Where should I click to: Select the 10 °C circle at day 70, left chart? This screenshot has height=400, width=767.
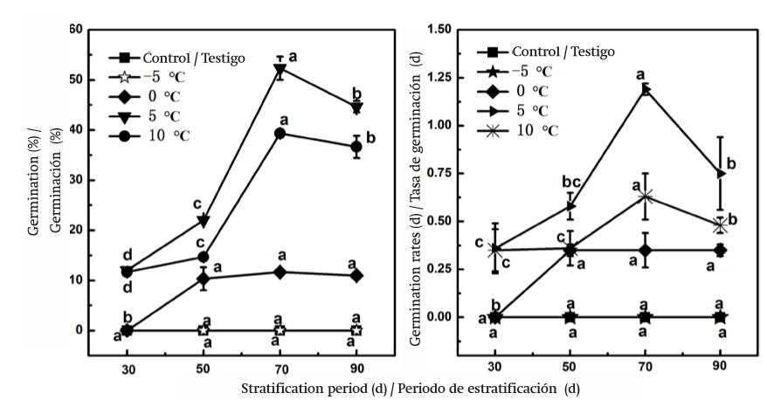click(280, 133)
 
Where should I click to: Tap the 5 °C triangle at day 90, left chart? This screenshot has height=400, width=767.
click(356, 107)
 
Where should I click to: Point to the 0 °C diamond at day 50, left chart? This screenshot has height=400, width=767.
click(203, 279)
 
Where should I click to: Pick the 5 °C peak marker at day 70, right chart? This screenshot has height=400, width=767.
click(646, 89)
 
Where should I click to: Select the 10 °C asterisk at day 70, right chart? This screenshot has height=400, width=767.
click(646, 197)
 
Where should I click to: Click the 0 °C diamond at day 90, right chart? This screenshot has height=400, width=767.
click(721, 251)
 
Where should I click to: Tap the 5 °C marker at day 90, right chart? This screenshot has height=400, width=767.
click(721, 174)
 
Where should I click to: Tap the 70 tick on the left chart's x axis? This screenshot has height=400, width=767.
click(280, 369)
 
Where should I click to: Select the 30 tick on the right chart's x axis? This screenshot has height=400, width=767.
click(494, 369)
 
